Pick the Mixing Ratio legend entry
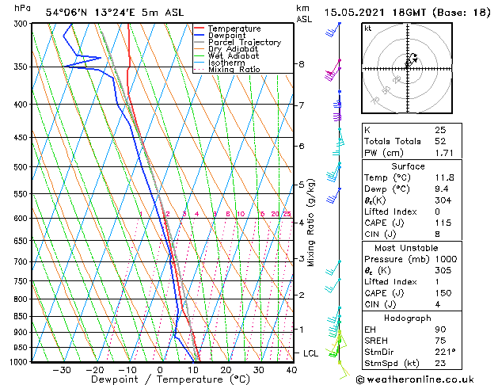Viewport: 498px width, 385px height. (x=234, y=70)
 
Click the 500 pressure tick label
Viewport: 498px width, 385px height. (x=21, y=167)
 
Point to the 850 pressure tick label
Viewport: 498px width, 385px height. (x=21, y=316)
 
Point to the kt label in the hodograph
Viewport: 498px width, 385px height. (x=367, y=29)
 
